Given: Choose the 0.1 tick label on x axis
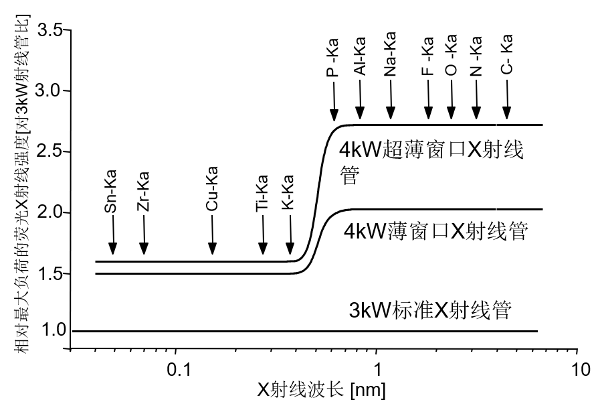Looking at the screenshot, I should pos(175,369).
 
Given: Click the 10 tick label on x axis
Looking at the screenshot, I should pos(579,369).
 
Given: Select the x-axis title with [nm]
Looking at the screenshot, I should pos(320,389).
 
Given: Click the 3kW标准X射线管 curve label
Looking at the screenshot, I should pos(431,311).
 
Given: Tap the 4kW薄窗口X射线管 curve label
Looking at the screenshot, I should pos(436,232).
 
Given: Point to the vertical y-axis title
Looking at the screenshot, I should pos(20,194).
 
